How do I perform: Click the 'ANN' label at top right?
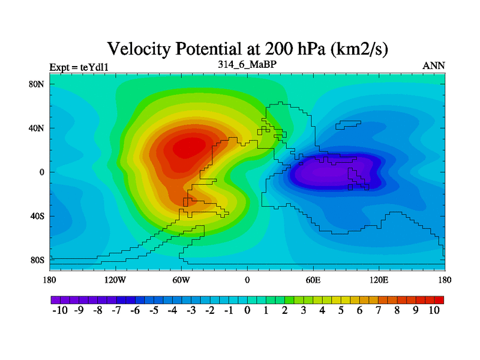click(x=434, y=65)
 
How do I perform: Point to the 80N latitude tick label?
click(x=38, y=84)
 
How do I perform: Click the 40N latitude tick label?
click(x=38, y=128)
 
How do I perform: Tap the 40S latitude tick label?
click(x=38, y=216)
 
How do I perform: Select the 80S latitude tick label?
click(x=38, y=260)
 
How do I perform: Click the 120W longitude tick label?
click(x=115, y=280)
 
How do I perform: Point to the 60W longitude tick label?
click(x=181, y=280)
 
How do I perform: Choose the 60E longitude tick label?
click(x=313, y=280)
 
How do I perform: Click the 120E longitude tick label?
click(x=379, y=280)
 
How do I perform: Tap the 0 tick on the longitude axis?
click(x=247, y=280)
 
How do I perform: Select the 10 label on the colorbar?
click(x=434, y=311)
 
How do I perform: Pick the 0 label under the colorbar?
click(x=247, y=311)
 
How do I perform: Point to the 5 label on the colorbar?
click(x=341, y=311)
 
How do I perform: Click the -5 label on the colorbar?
click(x=152, y=311)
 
